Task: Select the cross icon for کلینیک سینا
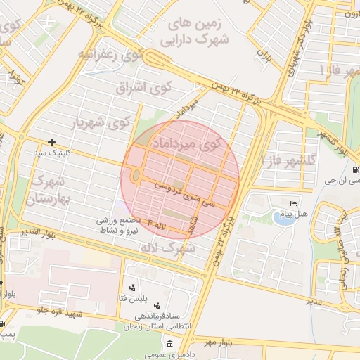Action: [x=51, y=142]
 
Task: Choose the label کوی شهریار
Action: [x=101, y=123]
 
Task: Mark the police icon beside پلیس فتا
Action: [x=132, y=288]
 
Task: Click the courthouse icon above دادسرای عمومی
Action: [x=171, y=343]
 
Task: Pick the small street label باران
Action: [x=264, y=53]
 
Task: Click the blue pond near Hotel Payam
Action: [x=283, y=218]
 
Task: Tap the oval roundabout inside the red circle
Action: [x=134, y=175]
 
